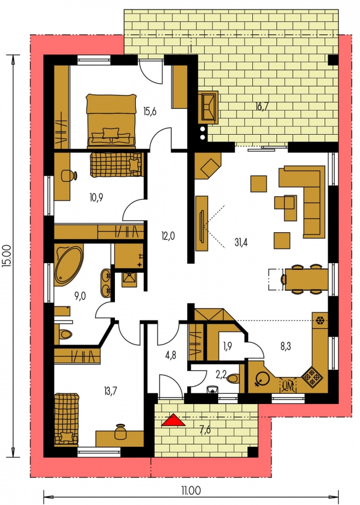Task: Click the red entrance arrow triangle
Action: click(x=173, y=420)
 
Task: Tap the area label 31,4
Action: click(x=241, y=242)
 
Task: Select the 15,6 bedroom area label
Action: click(x=150, y=112)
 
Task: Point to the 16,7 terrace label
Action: click(x=262, y=106)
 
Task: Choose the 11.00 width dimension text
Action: click(x=191, y=491)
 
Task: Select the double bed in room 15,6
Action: click(x=110, y=121)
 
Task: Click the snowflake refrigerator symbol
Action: click(x=320, y=320)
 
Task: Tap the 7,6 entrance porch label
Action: click(x=205, y=430)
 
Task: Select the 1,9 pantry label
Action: click(x=228, y=346)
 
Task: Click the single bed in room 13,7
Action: click(x=66, y=419)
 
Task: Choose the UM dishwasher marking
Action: click(x=288, y=385)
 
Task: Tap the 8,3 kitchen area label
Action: click(x=285, y=346)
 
